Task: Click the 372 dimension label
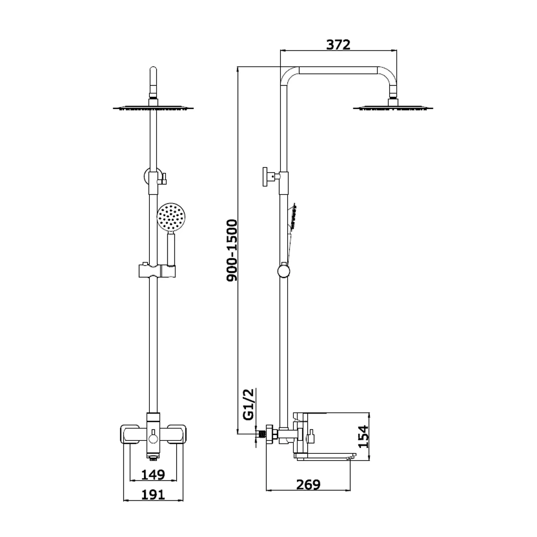coord(338,45)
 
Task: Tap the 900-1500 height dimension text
coord(232,250)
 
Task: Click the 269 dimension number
coord(308,484)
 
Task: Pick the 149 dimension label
coord(153,475)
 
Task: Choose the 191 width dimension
coord(153,495)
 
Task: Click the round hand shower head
coord(171,216)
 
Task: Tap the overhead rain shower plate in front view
coord(153,108)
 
